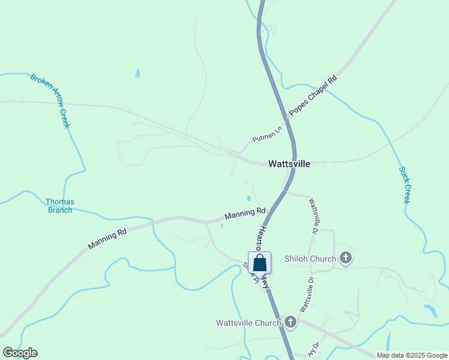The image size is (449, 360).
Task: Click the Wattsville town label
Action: [289, 163]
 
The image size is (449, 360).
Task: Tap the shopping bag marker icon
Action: [259, 263]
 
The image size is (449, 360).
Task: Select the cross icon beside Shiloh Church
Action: [345, 259]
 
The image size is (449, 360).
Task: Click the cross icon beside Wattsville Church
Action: [290, 323]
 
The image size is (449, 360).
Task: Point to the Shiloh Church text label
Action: [310, 259]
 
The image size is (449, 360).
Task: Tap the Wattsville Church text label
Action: [249, 323]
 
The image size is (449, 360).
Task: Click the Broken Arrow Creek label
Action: [50, 101]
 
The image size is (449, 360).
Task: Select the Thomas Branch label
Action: [60, 206]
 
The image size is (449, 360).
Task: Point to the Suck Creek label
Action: [405, 185]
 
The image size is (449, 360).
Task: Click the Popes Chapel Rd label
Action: [313, 95]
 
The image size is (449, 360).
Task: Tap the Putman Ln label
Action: [267, 134]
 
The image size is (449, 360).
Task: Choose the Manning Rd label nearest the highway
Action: [245, 213]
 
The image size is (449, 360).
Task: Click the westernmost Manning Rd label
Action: [109, 236]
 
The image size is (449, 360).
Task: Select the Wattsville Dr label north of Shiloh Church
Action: [313, 216]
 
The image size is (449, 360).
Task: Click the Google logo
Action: [20, 353]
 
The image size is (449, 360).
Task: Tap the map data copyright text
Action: [412, 355]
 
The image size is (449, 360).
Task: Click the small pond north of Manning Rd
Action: [249, 198]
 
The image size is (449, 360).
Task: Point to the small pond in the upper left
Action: [137, 73]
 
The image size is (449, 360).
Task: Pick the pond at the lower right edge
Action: [430, 311]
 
